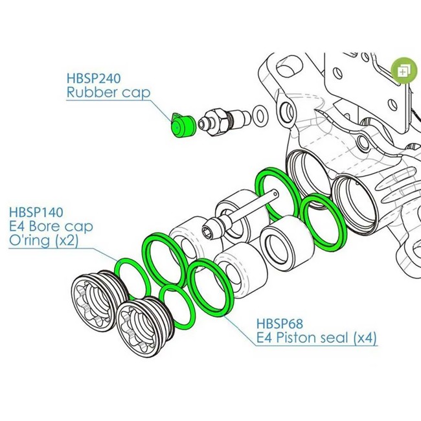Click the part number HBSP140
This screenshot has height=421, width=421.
(37, 212)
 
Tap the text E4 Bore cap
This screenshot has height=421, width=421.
(51, 227)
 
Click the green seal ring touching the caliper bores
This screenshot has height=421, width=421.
(322, 222)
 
